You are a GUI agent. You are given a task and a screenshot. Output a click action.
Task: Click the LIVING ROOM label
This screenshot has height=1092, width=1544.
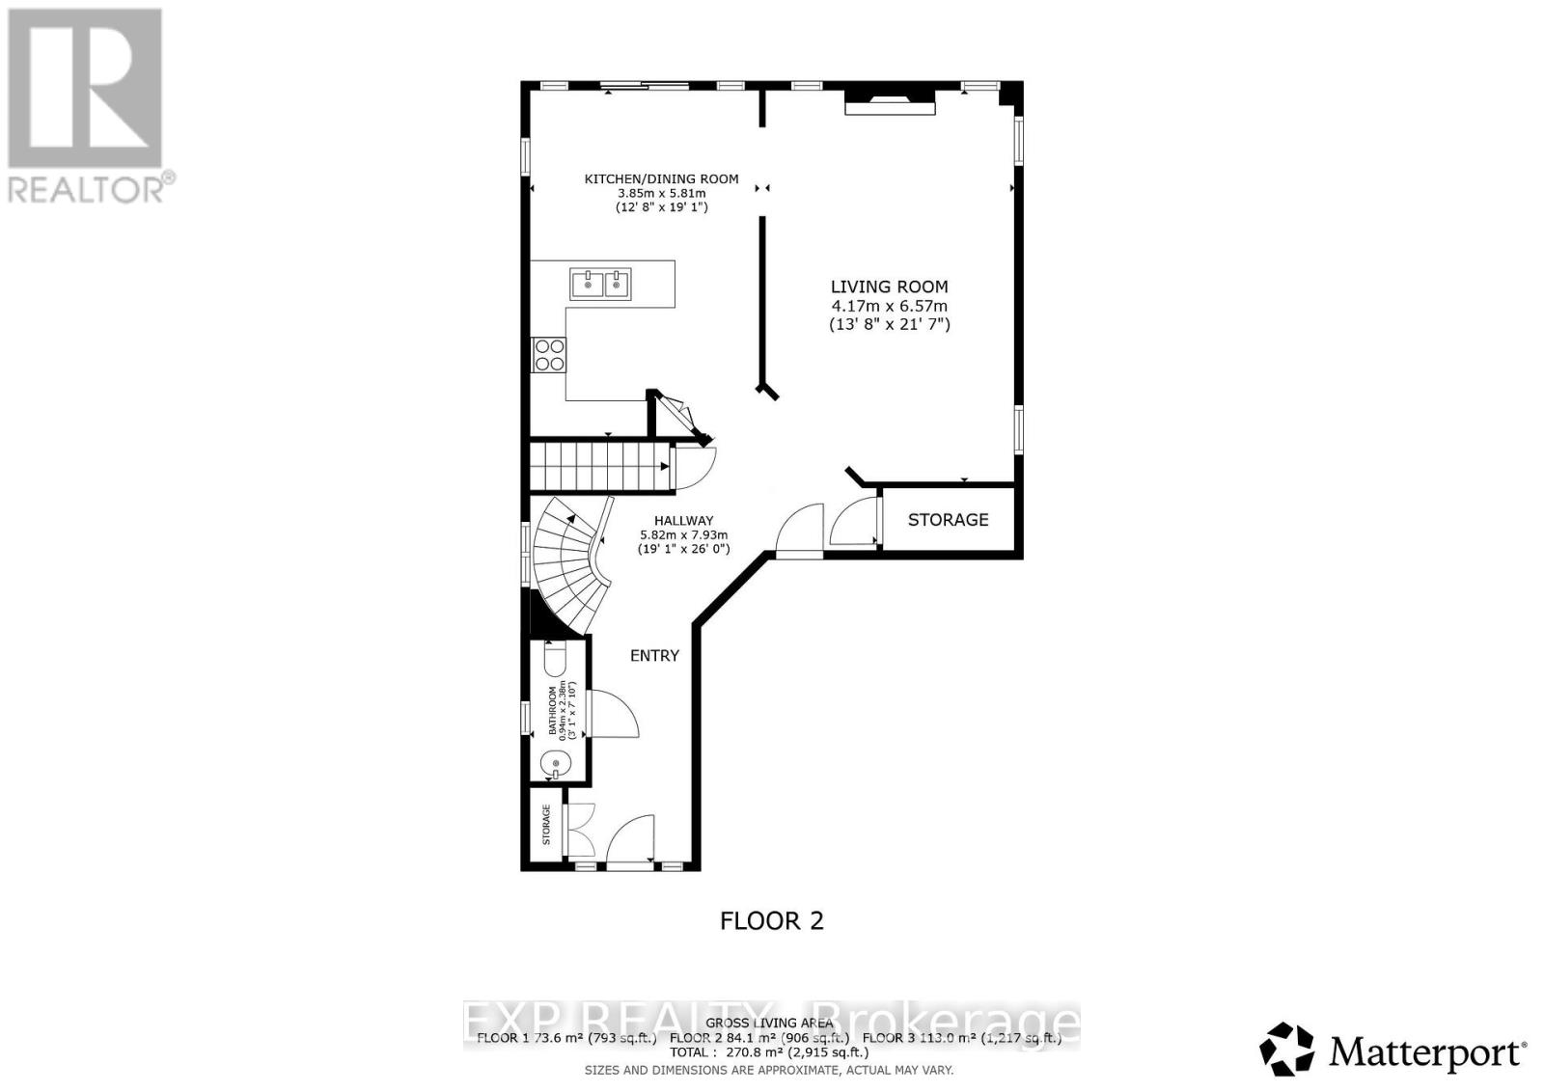[889, 287]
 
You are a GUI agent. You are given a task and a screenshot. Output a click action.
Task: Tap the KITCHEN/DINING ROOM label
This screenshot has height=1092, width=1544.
[661, 178]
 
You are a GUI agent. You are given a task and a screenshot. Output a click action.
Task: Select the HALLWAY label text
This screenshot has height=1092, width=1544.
[683, 520]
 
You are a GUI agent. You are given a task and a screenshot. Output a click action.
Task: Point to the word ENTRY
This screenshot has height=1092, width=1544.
[654, 656]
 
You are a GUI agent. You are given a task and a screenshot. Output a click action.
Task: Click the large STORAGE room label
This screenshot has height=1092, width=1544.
[948, 520]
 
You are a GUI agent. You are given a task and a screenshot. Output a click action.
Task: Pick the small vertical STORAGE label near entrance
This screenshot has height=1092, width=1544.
[546, 825]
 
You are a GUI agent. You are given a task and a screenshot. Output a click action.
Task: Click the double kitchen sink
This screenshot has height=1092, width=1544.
[601, 284]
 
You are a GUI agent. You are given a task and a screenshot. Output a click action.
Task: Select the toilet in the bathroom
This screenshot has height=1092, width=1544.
[555, 661]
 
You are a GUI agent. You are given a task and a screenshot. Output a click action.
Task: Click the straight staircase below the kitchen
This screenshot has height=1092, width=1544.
[598, 466]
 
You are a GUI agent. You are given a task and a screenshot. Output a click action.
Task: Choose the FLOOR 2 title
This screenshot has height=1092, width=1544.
[772, 920]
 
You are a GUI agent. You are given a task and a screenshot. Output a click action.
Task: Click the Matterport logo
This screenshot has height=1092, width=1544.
[1393, 1050]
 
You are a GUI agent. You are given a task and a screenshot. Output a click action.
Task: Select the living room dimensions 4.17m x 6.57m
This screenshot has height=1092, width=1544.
[889, 306]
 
